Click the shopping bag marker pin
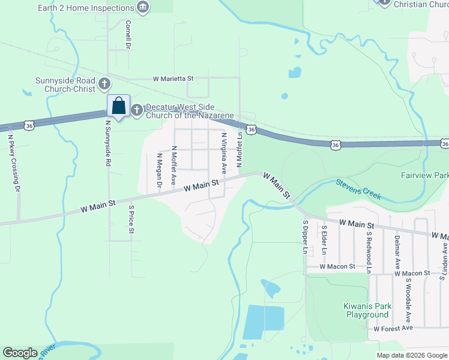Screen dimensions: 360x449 click(x=119, y=106)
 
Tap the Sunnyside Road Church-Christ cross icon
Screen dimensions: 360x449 click(x=104, y=83)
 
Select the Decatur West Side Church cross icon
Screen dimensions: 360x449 click(x=137, y=109)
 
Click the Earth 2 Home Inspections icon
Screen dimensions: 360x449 click(x=143, y=8)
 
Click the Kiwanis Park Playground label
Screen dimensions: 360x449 click(x=367, y=310)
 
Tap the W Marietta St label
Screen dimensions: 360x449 click(x=173, y=79)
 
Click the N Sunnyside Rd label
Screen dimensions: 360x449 click(x=108, y=143)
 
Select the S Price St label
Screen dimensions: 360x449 click(x=131, y=220)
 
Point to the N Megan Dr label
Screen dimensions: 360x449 click(x=160, y=170)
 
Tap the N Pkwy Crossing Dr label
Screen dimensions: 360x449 click(x=12, y=161)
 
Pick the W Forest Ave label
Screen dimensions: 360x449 click(x=393, y=328)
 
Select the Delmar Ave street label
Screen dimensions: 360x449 click(x=397, y=251)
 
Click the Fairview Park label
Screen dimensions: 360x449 click(x=424, y=176)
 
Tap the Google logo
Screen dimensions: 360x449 click(x=20, y=353)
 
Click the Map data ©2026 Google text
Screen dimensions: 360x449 click(x=411, y=355)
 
